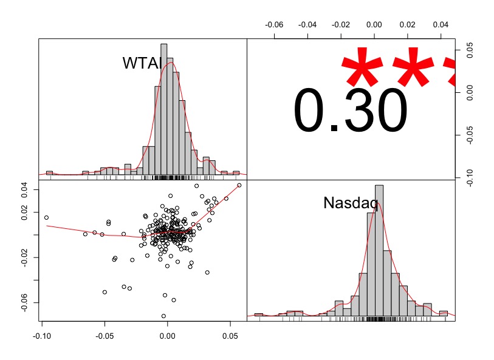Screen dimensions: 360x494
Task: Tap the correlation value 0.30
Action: click(351, 110)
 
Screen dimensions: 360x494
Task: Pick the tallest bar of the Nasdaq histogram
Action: click(379, 251)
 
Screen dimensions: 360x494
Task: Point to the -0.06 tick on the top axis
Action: click(275, 25)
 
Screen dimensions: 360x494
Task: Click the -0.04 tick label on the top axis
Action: click(308, 25)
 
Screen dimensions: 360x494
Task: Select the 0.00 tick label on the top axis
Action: click(374, 25)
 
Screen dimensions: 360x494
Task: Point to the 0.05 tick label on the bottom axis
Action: click(230, 335)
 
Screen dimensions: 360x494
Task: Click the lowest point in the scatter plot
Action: click(163, 316)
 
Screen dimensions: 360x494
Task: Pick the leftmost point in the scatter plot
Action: click(46, 217)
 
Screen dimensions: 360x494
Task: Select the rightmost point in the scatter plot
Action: click(239, 185)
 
